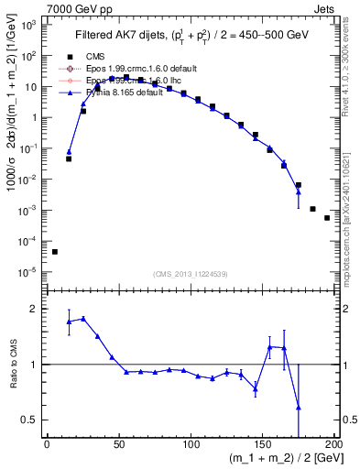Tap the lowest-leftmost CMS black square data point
pos(54,252)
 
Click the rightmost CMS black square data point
pos(327,218)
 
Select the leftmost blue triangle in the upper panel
pos(69,152)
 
